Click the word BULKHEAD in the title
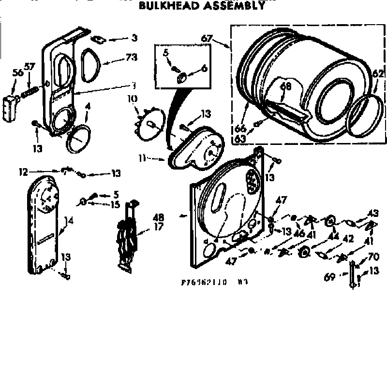pos(166,6)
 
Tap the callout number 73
pos(132,57)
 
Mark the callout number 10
pos(133,99)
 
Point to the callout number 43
pos(373,212)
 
